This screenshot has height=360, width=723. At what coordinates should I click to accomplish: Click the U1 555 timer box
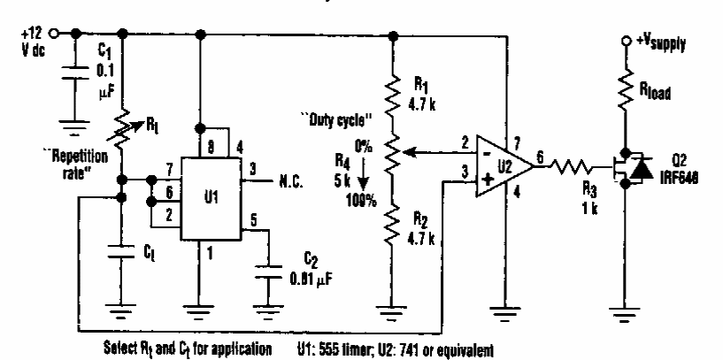pos(215,198)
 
